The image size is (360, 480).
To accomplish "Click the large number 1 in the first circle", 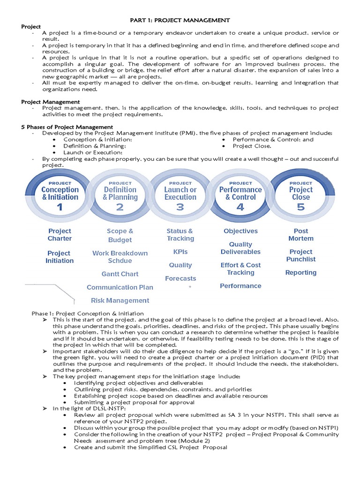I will coord(60,207).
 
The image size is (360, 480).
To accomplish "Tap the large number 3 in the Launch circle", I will coord(180,207).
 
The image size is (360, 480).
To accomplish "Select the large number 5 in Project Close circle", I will coord(300,207).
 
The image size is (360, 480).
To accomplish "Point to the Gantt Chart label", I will coord(120,274).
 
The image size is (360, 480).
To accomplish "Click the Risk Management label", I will coord(120,300).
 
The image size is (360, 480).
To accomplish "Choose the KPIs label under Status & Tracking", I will coord(180,252).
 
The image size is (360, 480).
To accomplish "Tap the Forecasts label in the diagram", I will coord(180,278).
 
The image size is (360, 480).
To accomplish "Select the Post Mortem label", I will coord(301,235).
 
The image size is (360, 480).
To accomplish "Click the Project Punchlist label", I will coord(301,255).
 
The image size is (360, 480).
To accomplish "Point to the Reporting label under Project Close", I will coord(301,272).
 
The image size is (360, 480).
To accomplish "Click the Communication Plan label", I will coord(120,287).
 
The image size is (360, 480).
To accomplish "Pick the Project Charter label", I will coord(60,235).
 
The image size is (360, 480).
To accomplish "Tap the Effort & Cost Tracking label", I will coord(240,269).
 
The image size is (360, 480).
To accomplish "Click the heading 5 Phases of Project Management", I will coord(67,127).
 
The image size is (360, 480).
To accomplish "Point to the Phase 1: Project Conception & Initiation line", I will coord(88,313).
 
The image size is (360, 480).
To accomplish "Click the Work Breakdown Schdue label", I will coord(120,257).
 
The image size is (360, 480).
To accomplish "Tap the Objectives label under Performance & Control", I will coord(240,231).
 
